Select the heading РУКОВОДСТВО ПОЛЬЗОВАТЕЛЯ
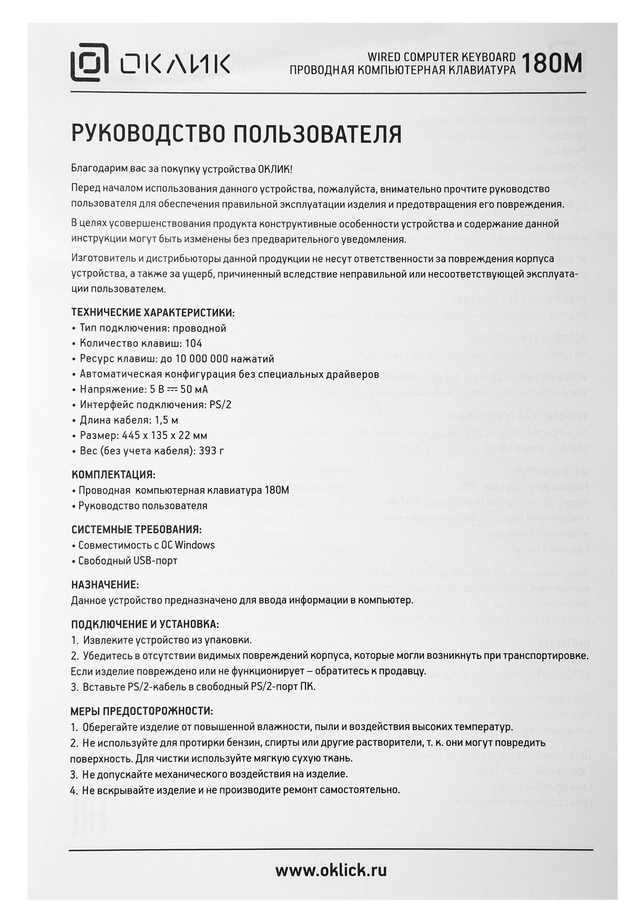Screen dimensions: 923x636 (x=236, y=134)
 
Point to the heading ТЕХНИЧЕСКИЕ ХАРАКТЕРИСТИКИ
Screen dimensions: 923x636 (x=152, y=313)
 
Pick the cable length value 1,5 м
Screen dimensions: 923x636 (x=164, y=420)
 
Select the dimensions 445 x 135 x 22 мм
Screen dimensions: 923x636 (x=164, y=436)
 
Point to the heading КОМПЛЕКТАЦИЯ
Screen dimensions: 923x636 (x=113, y=475)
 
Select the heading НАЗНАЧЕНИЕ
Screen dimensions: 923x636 (x=105, y=585)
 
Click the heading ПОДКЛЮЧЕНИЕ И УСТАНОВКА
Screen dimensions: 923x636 (x=145, y=624)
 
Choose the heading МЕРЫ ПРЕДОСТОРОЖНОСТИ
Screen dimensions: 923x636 (x=142, y=711)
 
